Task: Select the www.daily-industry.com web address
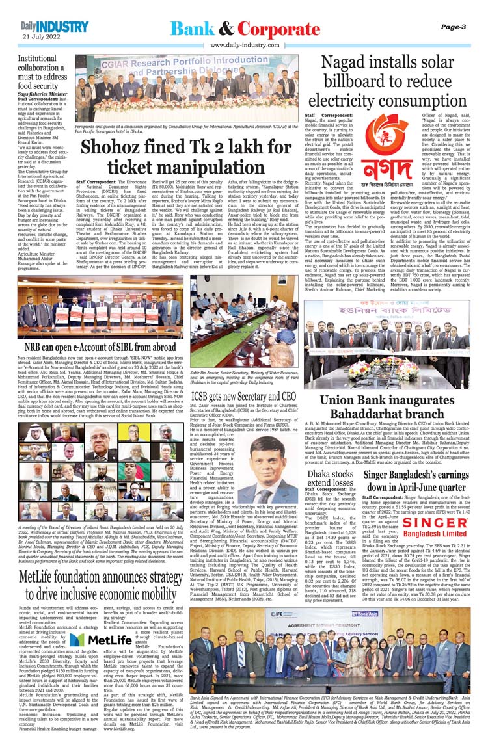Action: point(243,45)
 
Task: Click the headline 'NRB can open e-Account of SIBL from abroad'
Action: point(96,348)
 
